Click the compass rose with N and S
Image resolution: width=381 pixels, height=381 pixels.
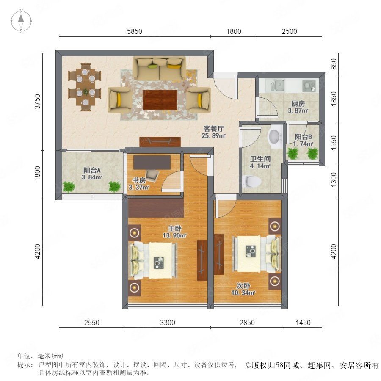click(x=21, y=21)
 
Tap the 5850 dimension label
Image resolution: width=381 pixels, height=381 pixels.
click(x=134, y=31)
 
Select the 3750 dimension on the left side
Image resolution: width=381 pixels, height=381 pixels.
click(x=37, y=101)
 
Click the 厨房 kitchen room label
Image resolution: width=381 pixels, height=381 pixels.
click(x=298, y=104)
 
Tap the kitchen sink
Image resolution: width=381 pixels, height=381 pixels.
click(x=277, y=86)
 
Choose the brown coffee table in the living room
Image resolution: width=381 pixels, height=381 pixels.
click(x=160, y=100)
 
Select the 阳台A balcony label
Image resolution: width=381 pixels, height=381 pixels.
click(x=92, y=170)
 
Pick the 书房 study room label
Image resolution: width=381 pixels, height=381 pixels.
click(x=139, y=180)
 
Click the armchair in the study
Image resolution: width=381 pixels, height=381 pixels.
click(x=152, y=175)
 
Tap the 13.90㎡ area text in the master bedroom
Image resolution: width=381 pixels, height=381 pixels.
click(x=174, y=235)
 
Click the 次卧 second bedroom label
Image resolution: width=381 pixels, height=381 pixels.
click(x=243, y=286)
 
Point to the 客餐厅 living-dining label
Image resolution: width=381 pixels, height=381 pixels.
click(x=214, y=129)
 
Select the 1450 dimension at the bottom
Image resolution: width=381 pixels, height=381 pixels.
click(x=303, y=323)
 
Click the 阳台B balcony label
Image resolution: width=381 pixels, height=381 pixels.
click(x=303, y=137)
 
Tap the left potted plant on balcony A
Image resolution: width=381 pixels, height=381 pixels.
click(x=69, y=187)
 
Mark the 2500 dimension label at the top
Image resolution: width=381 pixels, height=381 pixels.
click(x=290, y=31)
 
